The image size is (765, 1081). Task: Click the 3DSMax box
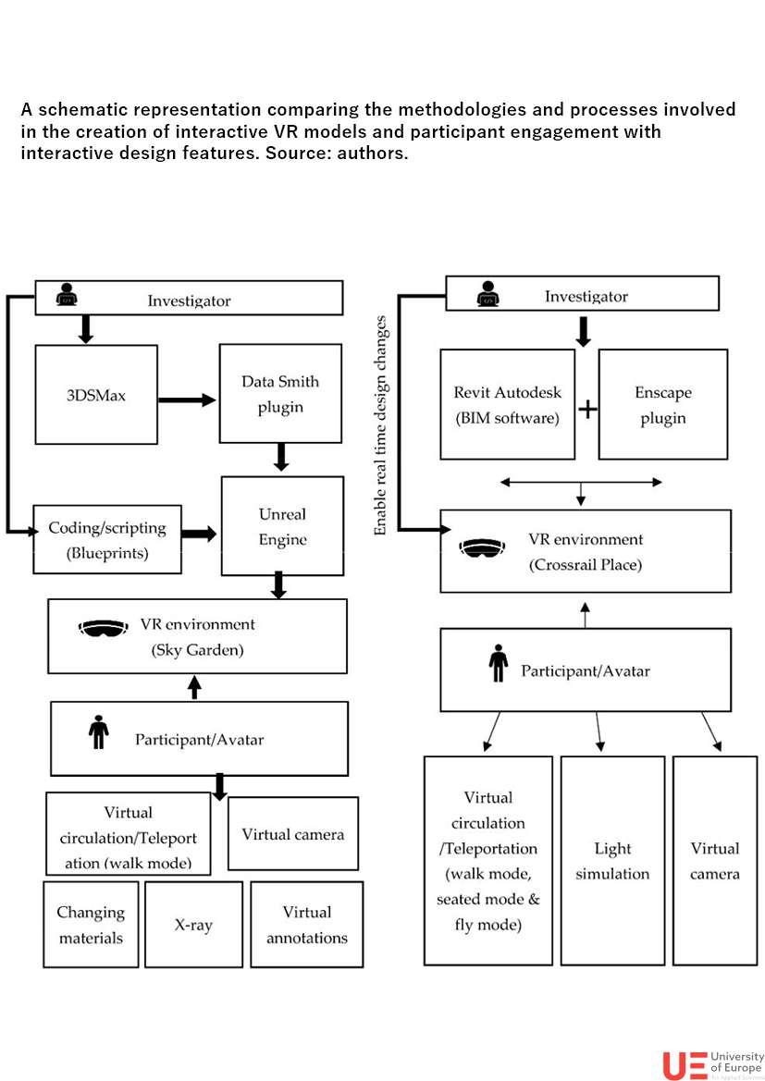95,395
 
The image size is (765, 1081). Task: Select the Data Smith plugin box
280,394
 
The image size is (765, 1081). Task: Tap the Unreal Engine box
282,526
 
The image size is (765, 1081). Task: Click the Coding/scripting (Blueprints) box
107,540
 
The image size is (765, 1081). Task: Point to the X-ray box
193,924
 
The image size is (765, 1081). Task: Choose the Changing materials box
91,924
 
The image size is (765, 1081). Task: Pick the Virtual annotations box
306,924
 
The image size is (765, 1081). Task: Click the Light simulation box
612,860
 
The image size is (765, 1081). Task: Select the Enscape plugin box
662,404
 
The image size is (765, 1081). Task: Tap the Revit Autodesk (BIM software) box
507,404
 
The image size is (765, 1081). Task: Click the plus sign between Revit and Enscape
587,408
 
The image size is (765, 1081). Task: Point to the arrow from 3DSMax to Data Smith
187,399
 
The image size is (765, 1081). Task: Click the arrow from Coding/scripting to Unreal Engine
199,534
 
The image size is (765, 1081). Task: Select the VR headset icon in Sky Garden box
104,628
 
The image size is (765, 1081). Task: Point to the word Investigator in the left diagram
189,301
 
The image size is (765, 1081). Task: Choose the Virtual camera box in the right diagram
714,860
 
